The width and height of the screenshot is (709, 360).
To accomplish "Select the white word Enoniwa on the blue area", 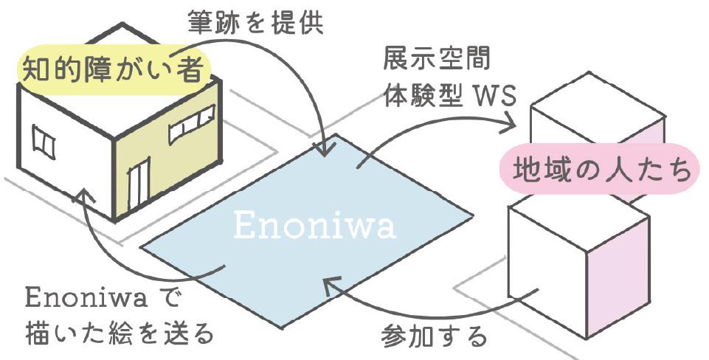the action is (x=314, y=226).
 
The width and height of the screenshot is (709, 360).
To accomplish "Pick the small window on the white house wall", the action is (x=43, y=142).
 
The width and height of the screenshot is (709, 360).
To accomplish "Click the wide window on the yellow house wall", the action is (x=192, y=124).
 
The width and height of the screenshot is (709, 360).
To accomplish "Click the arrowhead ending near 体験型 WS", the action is (x=508, y=125).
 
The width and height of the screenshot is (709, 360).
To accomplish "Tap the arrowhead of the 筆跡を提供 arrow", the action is (x=323, y=149).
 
